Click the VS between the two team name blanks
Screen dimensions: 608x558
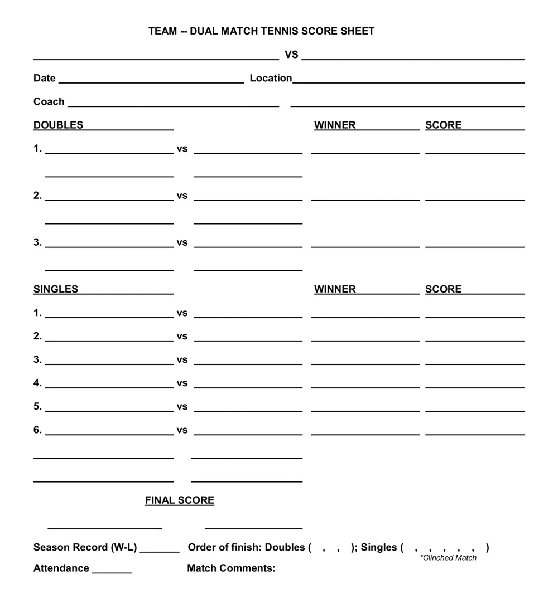pyautogui.click(x=291, y=55)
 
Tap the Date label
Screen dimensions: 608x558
pyautogui.click(x=44, y=78)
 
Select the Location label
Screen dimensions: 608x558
pyautogui.click(x=271, y=78)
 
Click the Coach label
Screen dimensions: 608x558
pyautogui.click(x=49, y=101)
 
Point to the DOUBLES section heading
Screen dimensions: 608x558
pyautogui.click(x=58, y=125)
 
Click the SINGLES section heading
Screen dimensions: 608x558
pyautogui.click(x=56, y=289)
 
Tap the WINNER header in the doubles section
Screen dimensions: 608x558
pyautogui.click(x=335, y=125)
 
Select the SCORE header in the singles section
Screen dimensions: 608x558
pyautogui.click(x=444, y=289)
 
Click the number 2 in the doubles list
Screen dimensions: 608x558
pyautogui.click(x=37, y=195)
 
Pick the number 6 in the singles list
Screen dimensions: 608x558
pyautogui.click(x=37, y=430)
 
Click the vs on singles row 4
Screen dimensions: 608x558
pyautogui.click(x=182, y=383)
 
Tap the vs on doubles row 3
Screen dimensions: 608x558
pyautogui.click(x=182, y=242)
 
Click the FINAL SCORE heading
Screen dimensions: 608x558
pyautogui.click(x=180, y=500)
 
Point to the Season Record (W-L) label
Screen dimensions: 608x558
pyautogui.click(x=85, y=547)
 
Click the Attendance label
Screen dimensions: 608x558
pyautogui.click(x=61, y=568)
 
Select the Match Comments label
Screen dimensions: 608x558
pyautogui.click(x=231, y=568)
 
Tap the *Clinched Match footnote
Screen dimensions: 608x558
pyautogui.click(x=448, y=557)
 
